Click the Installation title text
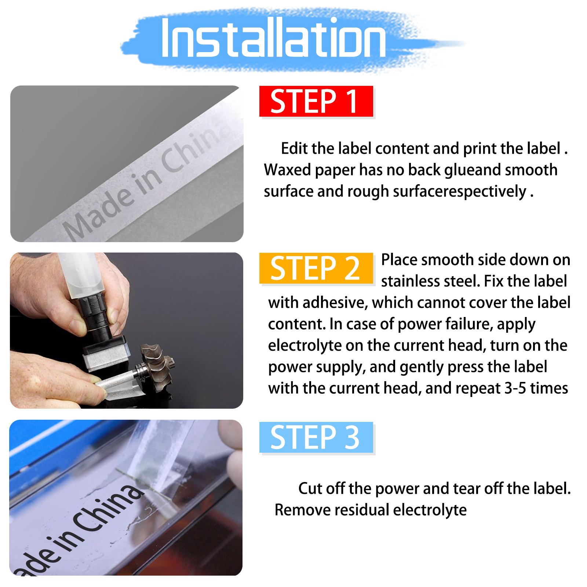(273, 38)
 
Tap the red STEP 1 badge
(316, 101)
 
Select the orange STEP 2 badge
(316, 268)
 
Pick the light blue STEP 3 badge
(316, 437)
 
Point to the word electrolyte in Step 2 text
(305, 346)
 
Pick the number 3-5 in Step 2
(515, 389)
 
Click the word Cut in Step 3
(310, 489)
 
